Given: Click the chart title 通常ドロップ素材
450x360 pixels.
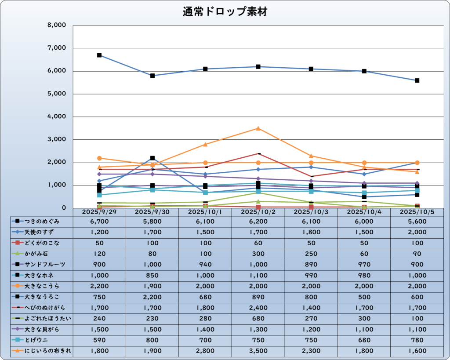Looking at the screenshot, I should tap(225, 12).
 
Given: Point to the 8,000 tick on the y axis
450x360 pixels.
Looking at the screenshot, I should tap(56, 25).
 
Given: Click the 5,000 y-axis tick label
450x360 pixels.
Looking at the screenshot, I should tap(56, 94).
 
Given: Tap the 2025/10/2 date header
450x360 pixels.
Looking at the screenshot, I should tap(258, 212).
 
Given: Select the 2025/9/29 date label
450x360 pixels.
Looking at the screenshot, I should tap(99, 212).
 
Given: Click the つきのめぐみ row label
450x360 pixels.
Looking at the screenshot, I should tap(42, 221).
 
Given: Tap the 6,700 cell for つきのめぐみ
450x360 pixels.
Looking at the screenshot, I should tap(99, 221).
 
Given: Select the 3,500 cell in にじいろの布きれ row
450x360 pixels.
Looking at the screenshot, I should tap(258, 351).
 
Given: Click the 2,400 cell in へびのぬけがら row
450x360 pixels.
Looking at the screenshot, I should tap(258, 308).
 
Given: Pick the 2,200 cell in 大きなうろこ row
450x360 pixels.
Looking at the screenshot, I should tap(152, 297).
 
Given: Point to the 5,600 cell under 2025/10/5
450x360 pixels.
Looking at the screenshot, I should tap(417, 221).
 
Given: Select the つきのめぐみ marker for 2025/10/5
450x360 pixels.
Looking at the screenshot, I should tap(417, 80).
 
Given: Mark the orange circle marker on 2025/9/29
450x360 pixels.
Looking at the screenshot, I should tap(99, 158).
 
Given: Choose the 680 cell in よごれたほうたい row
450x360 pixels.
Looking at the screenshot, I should tap(258, 318).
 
